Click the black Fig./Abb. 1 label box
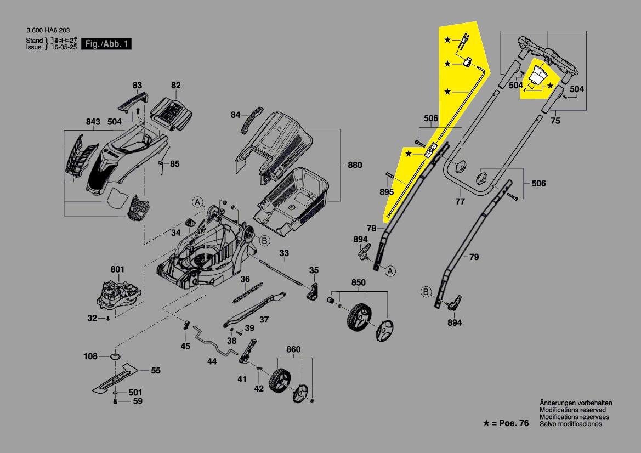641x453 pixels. coord(106,44)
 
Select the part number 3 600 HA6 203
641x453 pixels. coord(48,31)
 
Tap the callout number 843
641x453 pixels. coord(93,121)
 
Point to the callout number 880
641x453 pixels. coord(355,165)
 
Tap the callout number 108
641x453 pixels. coord(90,356)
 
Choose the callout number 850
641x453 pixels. coord(358,283)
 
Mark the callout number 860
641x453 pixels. coord(293,349)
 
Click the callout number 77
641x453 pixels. coord(460,201)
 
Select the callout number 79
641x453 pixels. coord(474,256)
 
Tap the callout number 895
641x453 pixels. coord(387,192)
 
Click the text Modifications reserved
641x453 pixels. coord(572,410)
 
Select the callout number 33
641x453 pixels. coord(283,253)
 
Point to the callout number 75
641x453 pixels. coord(555,121)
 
